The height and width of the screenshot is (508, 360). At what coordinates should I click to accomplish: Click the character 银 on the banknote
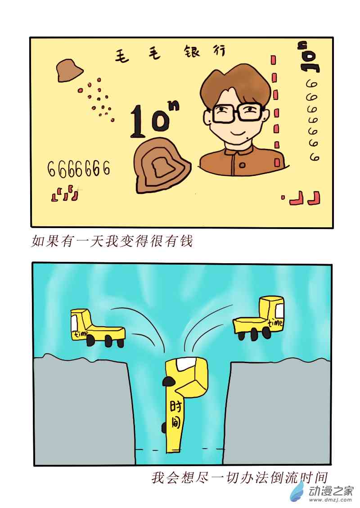click(192, 52)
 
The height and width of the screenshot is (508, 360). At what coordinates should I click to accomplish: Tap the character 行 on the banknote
click(219, 50)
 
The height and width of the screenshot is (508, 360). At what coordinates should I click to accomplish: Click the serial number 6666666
click(79, 168)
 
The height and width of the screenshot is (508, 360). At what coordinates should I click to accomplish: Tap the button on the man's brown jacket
click(243, 165)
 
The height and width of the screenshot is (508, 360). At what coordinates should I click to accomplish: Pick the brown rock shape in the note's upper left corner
click(69, 70)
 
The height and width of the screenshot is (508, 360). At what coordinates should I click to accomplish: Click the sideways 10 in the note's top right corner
click(309, 57)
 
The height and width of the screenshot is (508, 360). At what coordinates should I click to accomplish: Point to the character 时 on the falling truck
click(176, 406)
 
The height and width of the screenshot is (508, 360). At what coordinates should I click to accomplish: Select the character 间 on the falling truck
click(176, 423)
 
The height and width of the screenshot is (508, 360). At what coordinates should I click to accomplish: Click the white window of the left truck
click(75, 322)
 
